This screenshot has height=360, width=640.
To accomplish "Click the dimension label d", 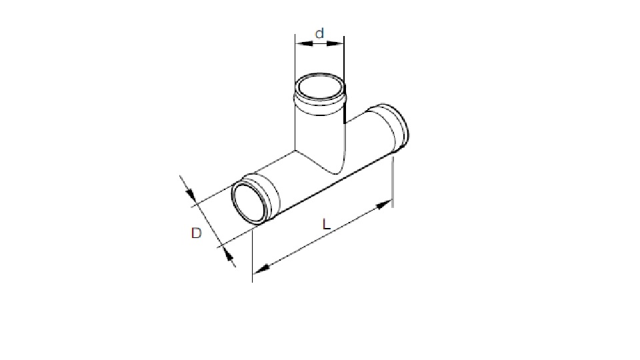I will click(x=320, y=33).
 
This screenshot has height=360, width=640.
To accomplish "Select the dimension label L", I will click(x=326, y=225).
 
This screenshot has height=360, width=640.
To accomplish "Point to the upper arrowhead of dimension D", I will click(x=191, y=195).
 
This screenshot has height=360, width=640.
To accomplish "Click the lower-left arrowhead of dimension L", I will click(x=261, y=268).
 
